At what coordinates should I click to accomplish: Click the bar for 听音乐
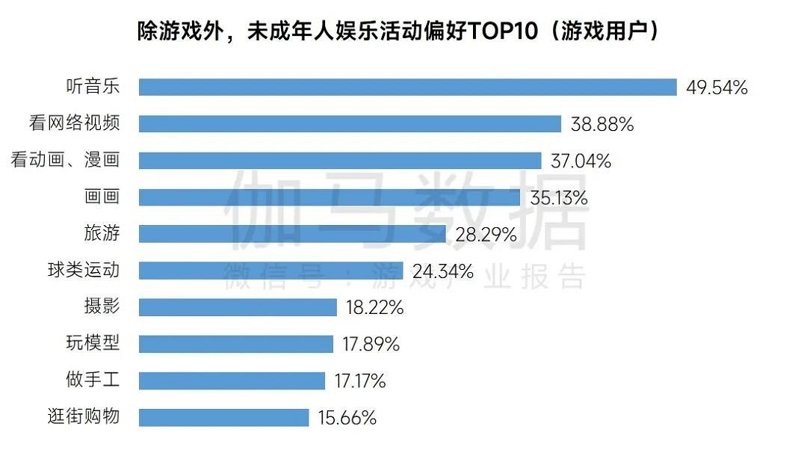(x=407, y=87)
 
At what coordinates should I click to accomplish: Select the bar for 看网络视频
(x=350, y=124)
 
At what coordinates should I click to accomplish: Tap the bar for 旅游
(x=292, y=234)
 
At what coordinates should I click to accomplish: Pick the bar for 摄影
(x=238, y=307)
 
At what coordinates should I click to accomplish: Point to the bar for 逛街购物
(x=223, y=417)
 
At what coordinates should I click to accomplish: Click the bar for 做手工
(x=232, y=380)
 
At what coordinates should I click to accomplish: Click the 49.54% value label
(x=717, y=87)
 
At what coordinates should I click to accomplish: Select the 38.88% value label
(x=602, y=125)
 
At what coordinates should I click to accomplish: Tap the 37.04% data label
(x=580, y=161)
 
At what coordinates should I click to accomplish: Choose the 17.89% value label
(x=371, y=345)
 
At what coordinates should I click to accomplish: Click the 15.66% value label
(x=347, y=418)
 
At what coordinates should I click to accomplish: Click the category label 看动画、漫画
(x=65, y=161)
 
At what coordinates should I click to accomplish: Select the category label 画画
(x=102, y=197)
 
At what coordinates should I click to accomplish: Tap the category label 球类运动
(x=83, y=271)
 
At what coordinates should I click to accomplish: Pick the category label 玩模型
(x=93, y=344)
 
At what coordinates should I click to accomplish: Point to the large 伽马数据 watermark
(x=406, y=210)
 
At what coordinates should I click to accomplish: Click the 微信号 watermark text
(x=274, y=276)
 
